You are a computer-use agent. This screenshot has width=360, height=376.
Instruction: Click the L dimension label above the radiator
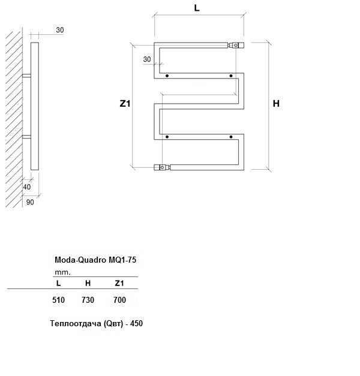(197, 8)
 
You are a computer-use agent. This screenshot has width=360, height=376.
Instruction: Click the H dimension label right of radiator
(276, 104)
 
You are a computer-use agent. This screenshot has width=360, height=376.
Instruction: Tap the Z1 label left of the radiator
(125, 104)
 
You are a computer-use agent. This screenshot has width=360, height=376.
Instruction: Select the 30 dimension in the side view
(60, 30)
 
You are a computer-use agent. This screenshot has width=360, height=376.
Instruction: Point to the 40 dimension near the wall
(27, 187)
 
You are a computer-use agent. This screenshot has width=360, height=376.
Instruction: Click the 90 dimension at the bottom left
(30, 202)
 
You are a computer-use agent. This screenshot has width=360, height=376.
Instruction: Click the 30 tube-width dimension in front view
(147, 59)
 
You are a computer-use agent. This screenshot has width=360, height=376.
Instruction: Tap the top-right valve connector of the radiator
(236, 45)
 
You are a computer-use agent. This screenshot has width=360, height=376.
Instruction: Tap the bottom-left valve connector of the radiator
(162, 167)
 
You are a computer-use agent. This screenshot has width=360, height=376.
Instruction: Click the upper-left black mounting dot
(167, 76)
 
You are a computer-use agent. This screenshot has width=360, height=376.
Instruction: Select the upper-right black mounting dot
(231, 76)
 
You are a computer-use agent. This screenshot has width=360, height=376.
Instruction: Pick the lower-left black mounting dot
(167, 137)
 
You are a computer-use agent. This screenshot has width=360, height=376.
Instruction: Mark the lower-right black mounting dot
(231, 137)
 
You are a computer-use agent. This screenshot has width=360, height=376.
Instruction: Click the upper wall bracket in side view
(26, 76)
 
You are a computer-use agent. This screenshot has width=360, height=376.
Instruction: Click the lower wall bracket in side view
(26, 137)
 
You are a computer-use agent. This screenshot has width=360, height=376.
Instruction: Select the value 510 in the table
(58, 300)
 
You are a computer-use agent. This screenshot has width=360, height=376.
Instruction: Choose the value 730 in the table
(88, 300)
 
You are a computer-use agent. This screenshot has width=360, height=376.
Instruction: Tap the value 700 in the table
(120, 300)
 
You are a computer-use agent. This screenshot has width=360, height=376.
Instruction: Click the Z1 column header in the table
(119, 283)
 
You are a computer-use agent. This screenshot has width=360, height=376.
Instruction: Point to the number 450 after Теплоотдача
(137, 323)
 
